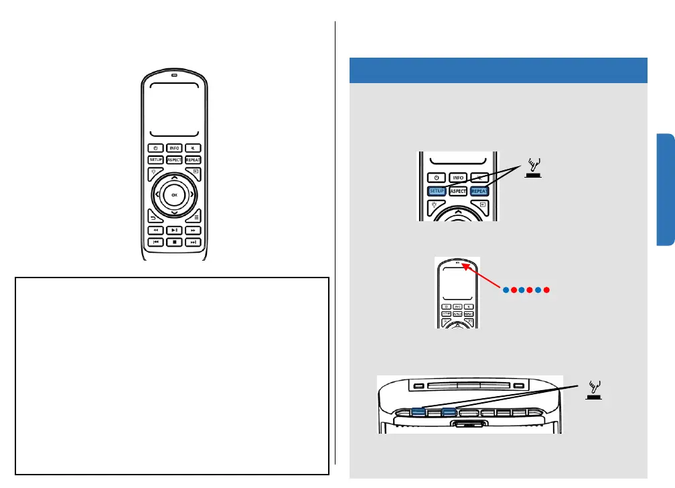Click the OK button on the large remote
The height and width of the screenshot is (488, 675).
174,194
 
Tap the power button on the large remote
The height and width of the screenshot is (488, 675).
155,147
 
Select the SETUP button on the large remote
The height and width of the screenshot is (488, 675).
155,160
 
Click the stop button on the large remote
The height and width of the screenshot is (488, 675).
174,242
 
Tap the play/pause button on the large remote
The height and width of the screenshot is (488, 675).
174,230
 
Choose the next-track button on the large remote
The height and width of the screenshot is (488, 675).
193,242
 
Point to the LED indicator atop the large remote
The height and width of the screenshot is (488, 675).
174,75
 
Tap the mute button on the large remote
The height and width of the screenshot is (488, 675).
193,147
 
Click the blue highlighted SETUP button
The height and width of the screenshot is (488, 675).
437,190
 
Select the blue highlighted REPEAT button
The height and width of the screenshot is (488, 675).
479,190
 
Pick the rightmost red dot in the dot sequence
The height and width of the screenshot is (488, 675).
547,290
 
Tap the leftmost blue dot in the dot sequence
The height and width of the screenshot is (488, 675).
506,290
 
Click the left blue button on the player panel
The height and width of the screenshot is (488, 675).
418,413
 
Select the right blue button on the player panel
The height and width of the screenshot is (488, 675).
449,413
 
